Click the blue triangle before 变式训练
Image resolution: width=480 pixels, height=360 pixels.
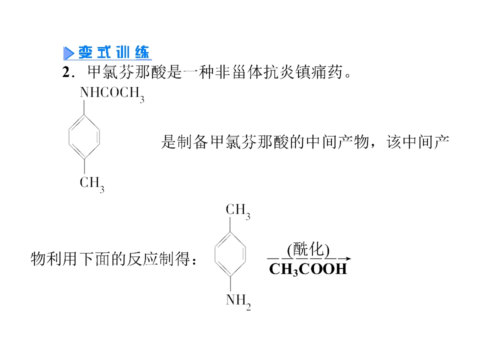click(x=68, y=53)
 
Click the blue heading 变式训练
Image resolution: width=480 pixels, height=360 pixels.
click(x=114, y=52)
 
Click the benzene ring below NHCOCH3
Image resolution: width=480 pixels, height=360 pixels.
click(x=84, y=137)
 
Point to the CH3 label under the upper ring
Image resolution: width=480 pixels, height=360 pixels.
click(x=92, y=184)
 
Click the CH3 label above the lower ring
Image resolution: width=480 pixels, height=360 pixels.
click(x=238, y=211)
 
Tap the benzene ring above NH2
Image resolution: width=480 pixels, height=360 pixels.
click(x=230, y=254)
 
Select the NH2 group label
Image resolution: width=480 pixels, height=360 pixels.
click(x=238, y=301)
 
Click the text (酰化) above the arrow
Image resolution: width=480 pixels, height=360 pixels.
click(x=308, y=249)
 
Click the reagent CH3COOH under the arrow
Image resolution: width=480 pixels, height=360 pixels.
click(x=308, y=269)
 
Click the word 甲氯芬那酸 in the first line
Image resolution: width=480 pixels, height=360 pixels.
click(x=126, y=72)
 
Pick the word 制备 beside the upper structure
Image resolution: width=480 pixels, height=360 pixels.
click(x=192, y=142)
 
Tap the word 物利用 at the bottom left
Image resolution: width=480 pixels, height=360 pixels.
click(x=54, y=259)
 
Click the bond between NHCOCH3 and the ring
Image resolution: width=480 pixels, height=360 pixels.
click(x=84, y=107)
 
